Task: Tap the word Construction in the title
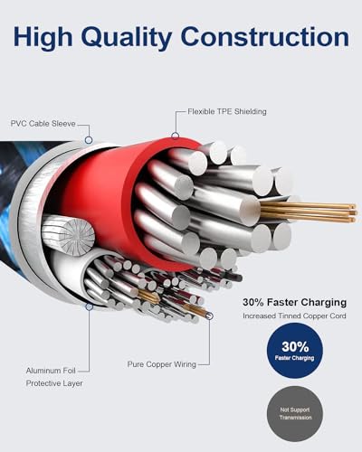point(265,37)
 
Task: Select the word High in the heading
point(43,38)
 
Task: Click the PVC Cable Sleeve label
point(43,124)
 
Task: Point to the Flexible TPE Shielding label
point(227,111)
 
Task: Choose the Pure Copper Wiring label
point(162,364)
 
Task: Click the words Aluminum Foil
point(51,371)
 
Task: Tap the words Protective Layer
point(54,383)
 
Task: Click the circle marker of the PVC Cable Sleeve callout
point(89,140)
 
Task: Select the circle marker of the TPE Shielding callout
point(175,136)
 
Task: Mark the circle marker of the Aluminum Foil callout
point(89,306)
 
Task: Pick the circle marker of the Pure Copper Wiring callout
point(210,316)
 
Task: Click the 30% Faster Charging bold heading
point(294,302)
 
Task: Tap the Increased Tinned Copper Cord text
point(294,316)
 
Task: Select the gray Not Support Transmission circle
point(295,414)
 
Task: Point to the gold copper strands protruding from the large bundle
point(308,212)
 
